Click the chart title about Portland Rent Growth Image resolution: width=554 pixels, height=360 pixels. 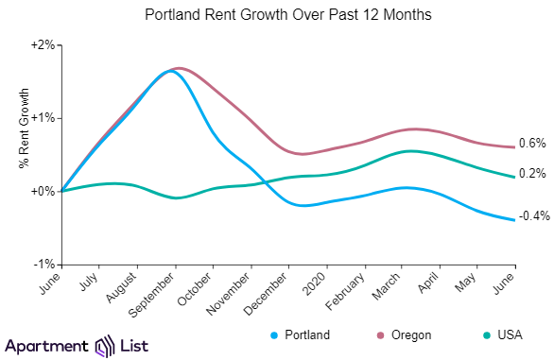(276, 16)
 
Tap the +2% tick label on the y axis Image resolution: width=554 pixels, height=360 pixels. (42, 45)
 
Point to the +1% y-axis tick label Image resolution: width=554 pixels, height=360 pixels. (42, 118)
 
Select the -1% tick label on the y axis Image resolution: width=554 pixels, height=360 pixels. (43, 265)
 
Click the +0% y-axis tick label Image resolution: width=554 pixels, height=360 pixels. (42, 192)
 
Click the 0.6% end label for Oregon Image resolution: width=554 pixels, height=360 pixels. (533, 144)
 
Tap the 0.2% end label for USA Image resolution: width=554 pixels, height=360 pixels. (533, 174)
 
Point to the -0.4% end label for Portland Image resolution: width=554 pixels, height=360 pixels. (535, 215)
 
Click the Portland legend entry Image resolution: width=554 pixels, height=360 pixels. (301, 334)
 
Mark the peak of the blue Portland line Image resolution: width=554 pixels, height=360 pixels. (170, 71)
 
